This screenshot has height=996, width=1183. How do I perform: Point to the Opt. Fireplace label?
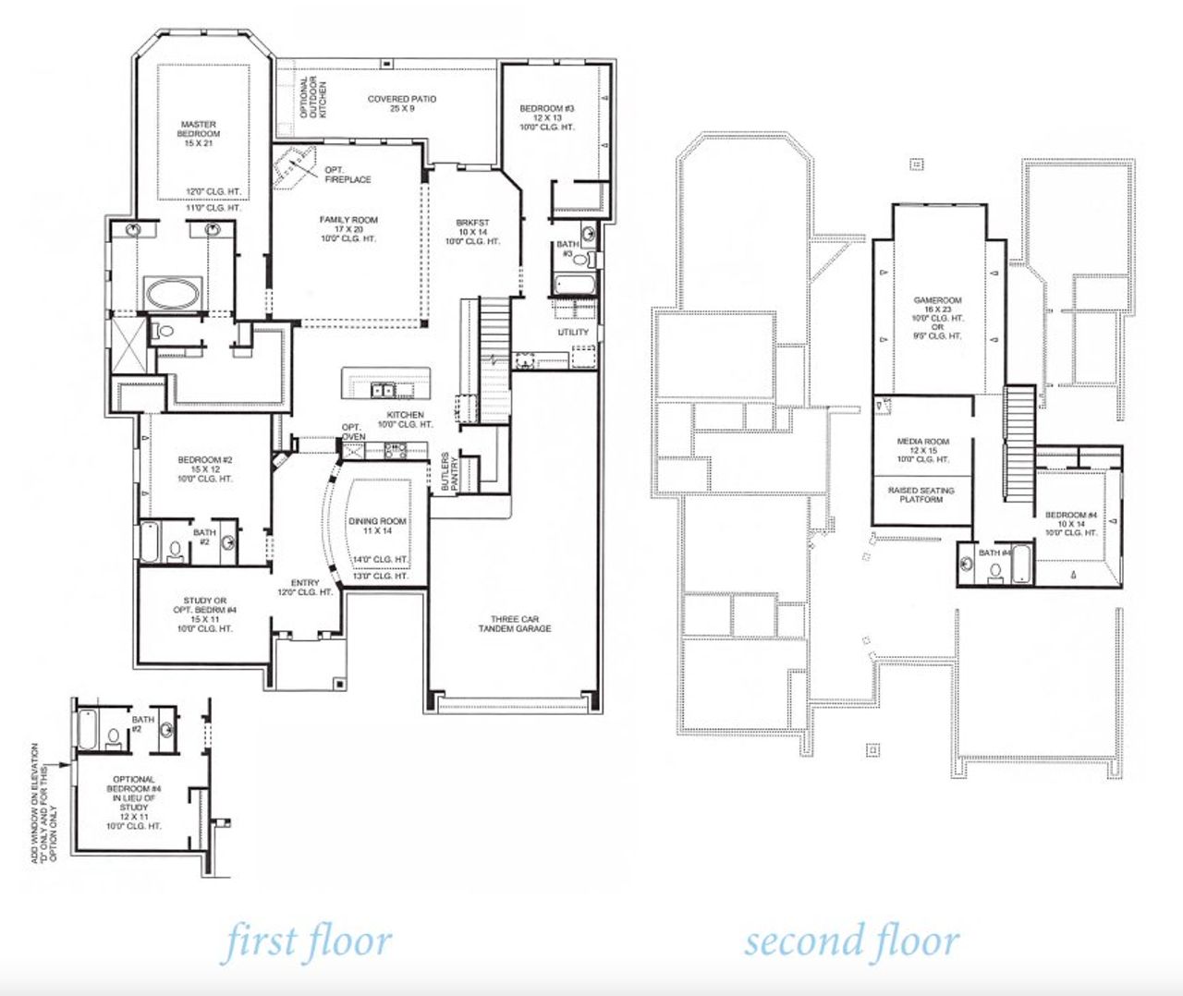point(348,175)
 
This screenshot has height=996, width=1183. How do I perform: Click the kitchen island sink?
point(384,390)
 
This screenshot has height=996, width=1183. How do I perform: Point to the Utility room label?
point(573,333)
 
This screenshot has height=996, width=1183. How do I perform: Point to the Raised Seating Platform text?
point(921,494)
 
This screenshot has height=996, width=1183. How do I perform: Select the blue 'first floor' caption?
point(308,941)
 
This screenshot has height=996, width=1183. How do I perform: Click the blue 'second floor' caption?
point(851,941)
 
